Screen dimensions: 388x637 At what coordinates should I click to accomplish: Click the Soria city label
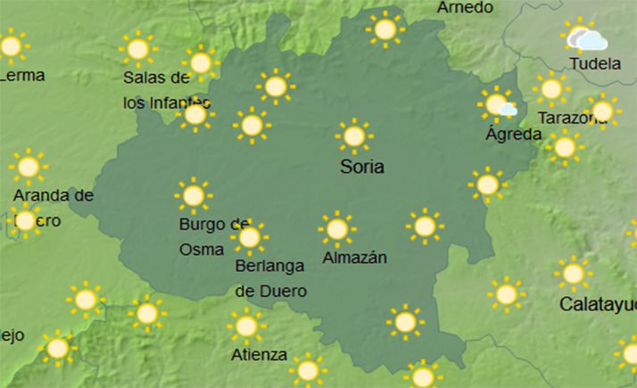point(363,167)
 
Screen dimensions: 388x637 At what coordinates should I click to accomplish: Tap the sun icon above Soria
point(354,136)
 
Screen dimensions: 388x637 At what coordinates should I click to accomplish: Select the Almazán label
point(354,258)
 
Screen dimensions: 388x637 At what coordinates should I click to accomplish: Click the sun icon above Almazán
point(336,229)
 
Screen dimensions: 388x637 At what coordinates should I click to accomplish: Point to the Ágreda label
point(513,135)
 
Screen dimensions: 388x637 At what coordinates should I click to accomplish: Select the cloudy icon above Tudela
point(586,38)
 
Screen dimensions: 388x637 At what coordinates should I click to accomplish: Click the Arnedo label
point(465,8)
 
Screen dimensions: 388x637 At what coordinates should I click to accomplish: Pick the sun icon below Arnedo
point(385,29)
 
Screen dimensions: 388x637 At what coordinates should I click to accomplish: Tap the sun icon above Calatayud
point(573,274)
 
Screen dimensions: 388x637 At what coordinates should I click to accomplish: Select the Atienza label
point(259,355)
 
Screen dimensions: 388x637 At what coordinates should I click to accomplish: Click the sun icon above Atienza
point(246,326)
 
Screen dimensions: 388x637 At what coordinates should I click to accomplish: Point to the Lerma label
point(22,76)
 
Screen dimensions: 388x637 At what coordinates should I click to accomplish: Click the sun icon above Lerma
point(11,45)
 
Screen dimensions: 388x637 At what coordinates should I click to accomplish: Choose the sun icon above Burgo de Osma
point(193,195)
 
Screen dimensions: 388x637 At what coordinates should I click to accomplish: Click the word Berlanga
point(269,266)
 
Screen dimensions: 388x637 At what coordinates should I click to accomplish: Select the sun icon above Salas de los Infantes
point(138,49)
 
